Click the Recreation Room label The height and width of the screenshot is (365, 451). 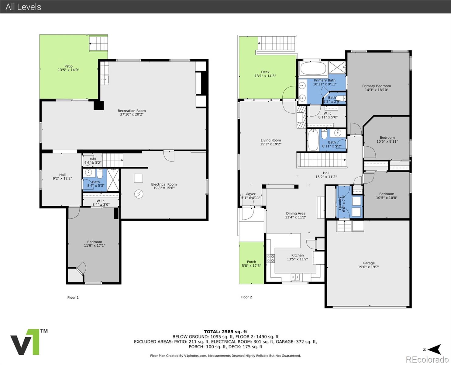pyautogui.click(x=132, y=111)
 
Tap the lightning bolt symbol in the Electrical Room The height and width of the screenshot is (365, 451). pyautogui.click(x=139, y=194)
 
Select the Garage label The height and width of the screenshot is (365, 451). pyautogui.click(x=368, y=263)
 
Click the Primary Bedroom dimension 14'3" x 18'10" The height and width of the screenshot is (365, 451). pyautogui.click(x=377, y=90)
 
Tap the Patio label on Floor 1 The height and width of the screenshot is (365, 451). pyautogui.click(x=68, y=66)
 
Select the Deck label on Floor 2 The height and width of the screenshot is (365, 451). pyautogui.click(x=265, y=72)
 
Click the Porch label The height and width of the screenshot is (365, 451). pyautogui.click(x=251, y=262)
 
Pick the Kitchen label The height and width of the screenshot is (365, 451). pyautogui.click(x=297, y=255)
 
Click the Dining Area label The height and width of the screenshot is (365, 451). pyautogui.click(x=295, y=214)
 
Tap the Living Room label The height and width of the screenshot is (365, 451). pyautogui.click(x=270, y=141)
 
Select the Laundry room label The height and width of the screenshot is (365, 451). pyautogui.click(x=340, y=203)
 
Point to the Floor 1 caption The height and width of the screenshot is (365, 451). pyautogui.click(x=73, y=297)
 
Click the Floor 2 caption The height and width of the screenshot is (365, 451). pyautogui.click(x=246, y=297)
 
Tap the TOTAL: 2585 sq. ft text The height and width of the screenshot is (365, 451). pyautogui.click(x=225, y=332)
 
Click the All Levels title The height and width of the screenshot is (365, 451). pyautogui.click(x=23, y=7)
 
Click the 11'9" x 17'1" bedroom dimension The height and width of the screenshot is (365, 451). pyautogui.click(x=95, y=245)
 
